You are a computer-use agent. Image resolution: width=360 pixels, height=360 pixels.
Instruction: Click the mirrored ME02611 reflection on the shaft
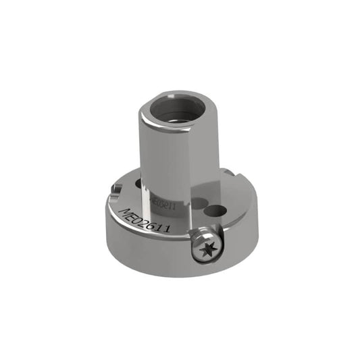point(164,201)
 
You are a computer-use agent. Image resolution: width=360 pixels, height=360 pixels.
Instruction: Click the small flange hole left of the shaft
point(139,183)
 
